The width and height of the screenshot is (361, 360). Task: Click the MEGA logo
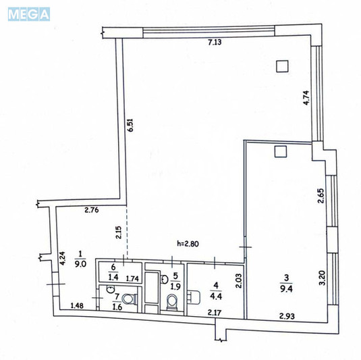tap(29, 14)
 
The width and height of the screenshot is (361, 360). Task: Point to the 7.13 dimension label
tap(215, 42)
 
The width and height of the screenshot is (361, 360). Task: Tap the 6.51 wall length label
tap(130, 125)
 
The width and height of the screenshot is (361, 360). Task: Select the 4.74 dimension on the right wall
tap(306, 98)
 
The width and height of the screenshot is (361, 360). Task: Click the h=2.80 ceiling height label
tap(188, 244)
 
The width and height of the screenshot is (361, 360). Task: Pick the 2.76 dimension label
tap(92, 210)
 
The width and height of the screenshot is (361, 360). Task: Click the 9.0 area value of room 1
tap(80, 263)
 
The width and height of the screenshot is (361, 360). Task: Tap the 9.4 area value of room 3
tap(286, 289)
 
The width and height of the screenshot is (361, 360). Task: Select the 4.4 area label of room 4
tap(216, 296)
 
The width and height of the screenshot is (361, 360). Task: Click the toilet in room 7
tap(129, 299)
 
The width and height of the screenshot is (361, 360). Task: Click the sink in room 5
tap(164, 279)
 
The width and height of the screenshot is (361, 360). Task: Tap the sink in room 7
tap(111, 289)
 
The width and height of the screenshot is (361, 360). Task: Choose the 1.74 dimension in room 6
tap(132, 279)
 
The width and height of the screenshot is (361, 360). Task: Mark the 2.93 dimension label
tap(287, 316)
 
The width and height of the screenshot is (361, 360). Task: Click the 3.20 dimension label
tap(323, 278)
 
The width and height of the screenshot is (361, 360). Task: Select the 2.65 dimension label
tap(321, 196)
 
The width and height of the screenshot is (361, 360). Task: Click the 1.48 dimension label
tap(77, 305)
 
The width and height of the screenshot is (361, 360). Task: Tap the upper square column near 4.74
tap(282, 66)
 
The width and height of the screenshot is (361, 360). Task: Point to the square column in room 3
tap(281, 151)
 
